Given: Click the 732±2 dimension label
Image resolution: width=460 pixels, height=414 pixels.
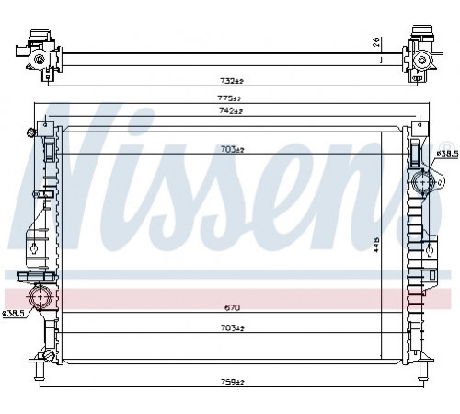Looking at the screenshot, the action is [x=232, y=81].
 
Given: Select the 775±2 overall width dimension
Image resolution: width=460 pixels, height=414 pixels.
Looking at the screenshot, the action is [x=229, y=98].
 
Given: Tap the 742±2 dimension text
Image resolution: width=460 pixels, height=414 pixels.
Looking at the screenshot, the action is [x=230, y=111].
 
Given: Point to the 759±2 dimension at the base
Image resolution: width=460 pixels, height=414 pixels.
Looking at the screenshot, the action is [x=233, y=382].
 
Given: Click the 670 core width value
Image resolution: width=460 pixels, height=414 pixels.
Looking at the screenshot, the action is [x=232, y=307].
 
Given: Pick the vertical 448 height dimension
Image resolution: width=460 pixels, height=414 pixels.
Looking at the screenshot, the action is [x=376, y=245].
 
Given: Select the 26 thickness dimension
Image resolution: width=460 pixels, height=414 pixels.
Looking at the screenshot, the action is [x=376, y=41].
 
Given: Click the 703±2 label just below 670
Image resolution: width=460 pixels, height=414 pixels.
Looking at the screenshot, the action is [x=232, y=328].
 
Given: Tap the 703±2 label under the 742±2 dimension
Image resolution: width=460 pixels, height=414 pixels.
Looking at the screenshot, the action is [x=232, y=150].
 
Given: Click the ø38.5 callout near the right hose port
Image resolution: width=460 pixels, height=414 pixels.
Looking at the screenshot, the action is [x=447, y=154].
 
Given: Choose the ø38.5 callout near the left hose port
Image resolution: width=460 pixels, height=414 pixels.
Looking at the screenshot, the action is [x=14, y=314].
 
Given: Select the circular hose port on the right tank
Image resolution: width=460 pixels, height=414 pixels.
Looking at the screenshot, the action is [x=423, y=182].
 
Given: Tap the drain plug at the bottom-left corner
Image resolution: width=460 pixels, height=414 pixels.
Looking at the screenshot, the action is [x=49, y=355].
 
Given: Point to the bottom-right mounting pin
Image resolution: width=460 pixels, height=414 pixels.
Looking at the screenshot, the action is [x=423, y=371].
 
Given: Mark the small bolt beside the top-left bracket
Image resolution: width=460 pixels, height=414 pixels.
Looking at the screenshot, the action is [x=31, y=132].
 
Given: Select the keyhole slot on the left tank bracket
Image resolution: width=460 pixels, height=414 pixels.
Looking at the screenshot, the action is [x=34, y=247].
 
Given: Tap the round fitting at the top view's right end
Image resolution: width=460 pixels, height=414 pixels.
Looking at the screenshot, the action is [x=424, y=59].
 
